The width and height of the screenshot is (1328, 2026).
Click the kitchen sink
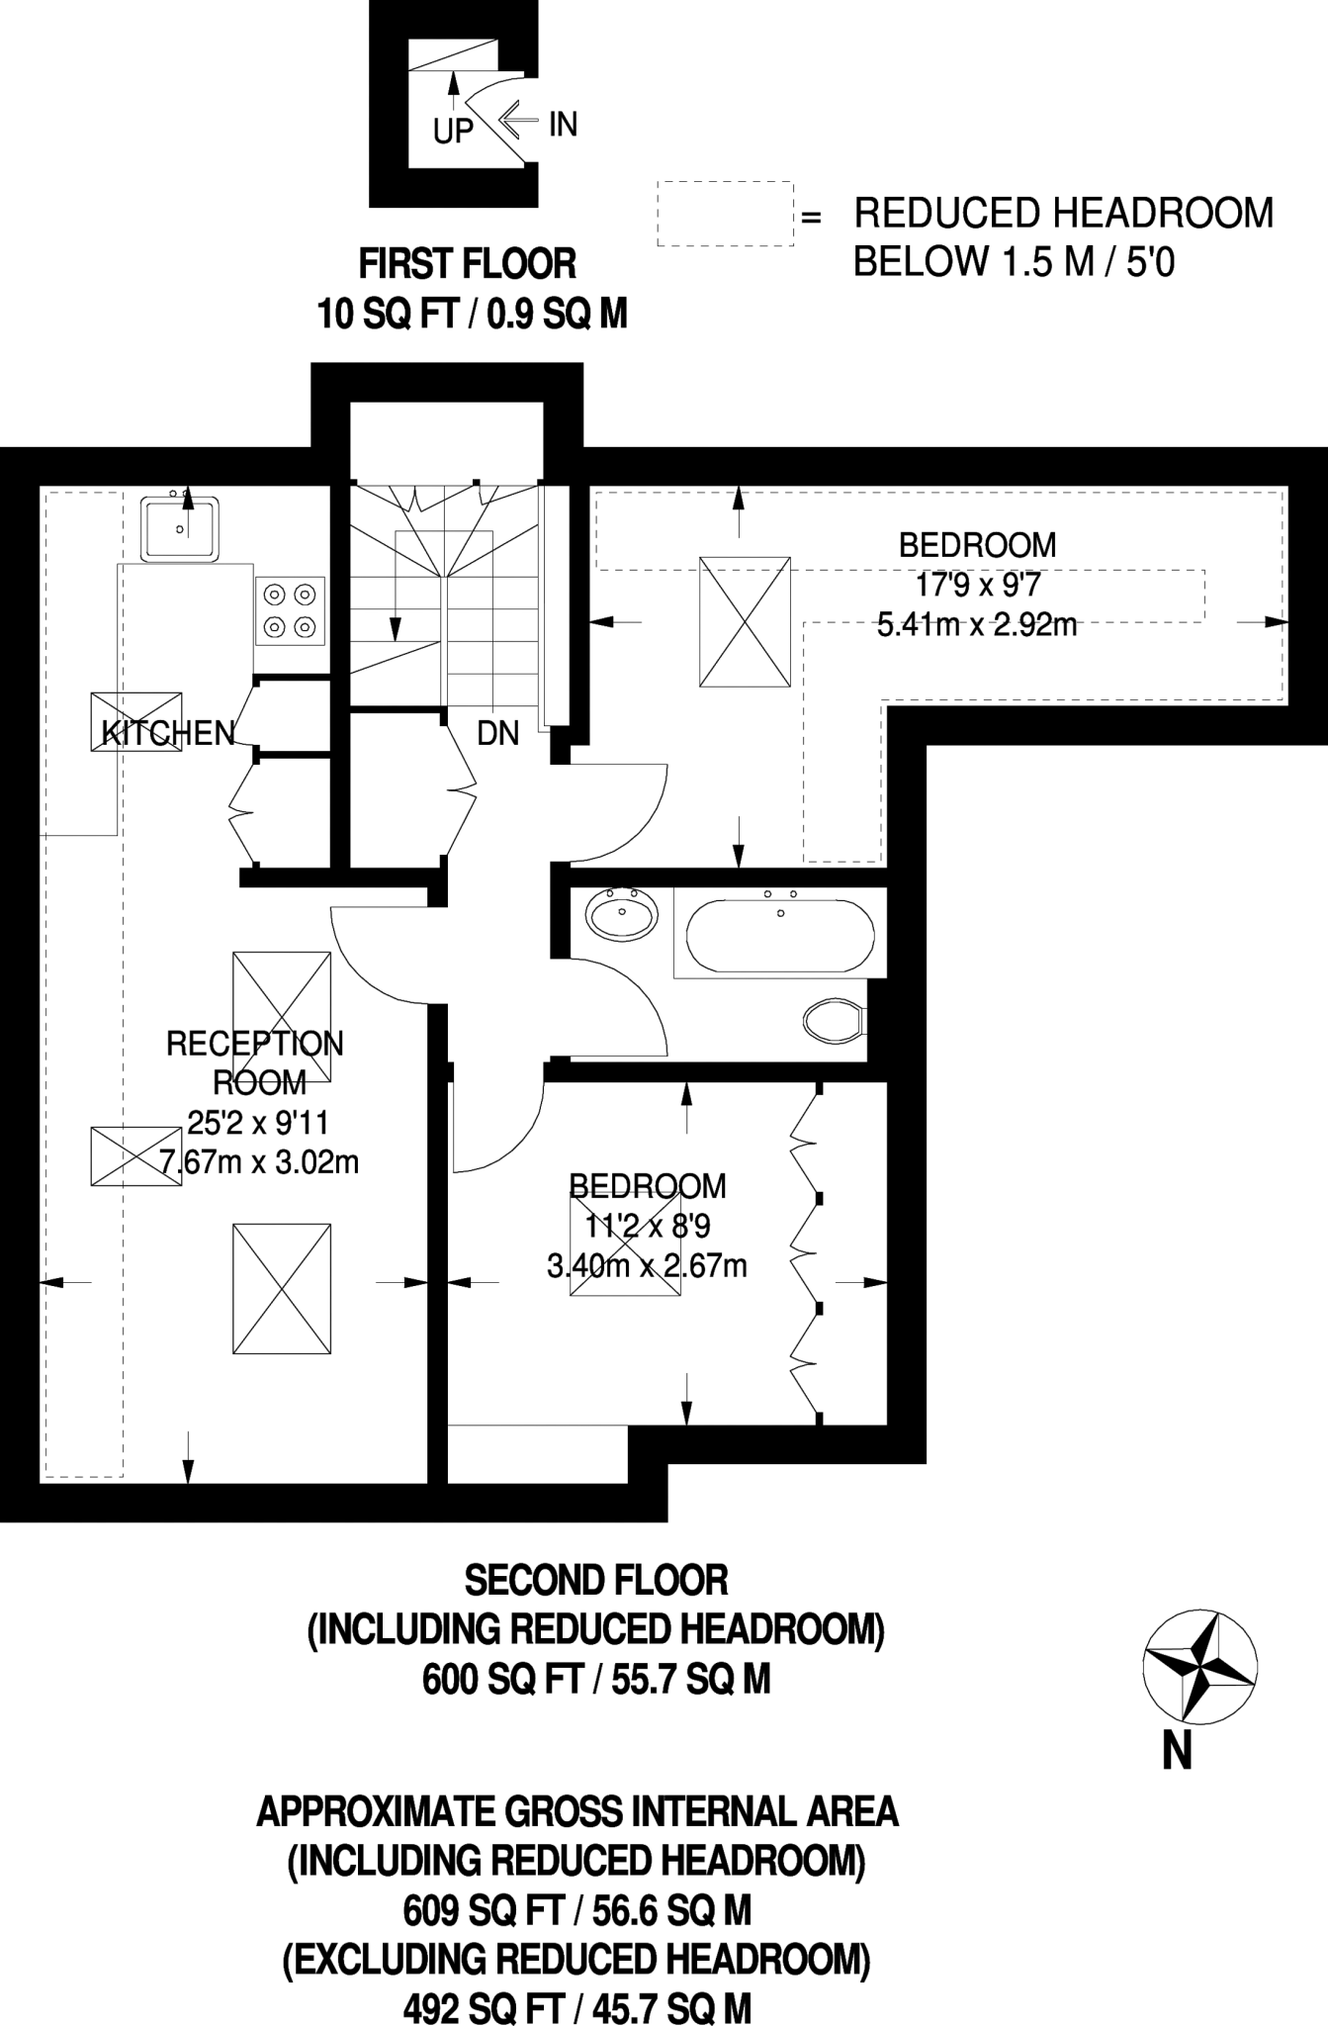pos(179,529)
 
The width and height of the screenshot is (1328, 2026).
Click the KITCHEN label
pos(169,733)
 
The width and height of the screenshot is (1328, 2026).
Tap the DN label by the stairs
pos(497,733)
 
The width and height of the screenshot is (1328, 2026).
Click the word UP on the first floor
pos(454,131)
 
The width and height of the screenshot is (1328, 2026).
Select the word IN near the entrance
pos(563,125)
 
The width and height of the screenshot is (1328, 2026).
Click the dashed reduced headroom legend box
pos(726,213)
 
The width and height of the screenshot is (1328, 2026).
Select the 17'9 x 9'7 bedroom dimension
pos(978,585)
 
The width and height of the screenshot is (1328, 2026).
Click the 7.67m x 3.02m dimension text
pos(259,1161)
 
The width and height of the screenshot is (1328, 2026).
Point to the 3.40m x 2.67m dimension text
pos(647,1265)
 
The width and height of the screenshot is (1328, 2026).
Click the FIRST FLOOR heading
pos(467,264)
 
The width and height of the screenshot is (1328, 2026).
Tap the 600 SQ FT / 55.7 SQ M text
pos(596,1680)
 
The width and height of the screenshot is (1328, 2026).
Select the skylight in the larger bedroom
pos(745,621)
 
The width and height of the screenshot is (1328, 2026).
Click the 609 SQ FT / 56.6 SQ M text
pos(577,1911)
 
